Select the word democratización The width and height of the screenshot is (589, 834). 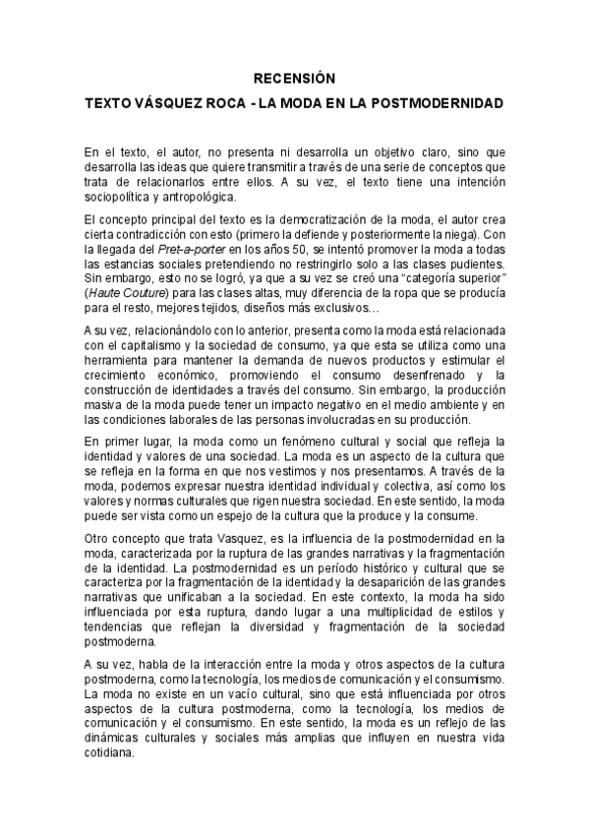point(324,218)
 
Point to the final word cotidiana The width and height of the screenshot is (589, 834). point(110,748)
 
